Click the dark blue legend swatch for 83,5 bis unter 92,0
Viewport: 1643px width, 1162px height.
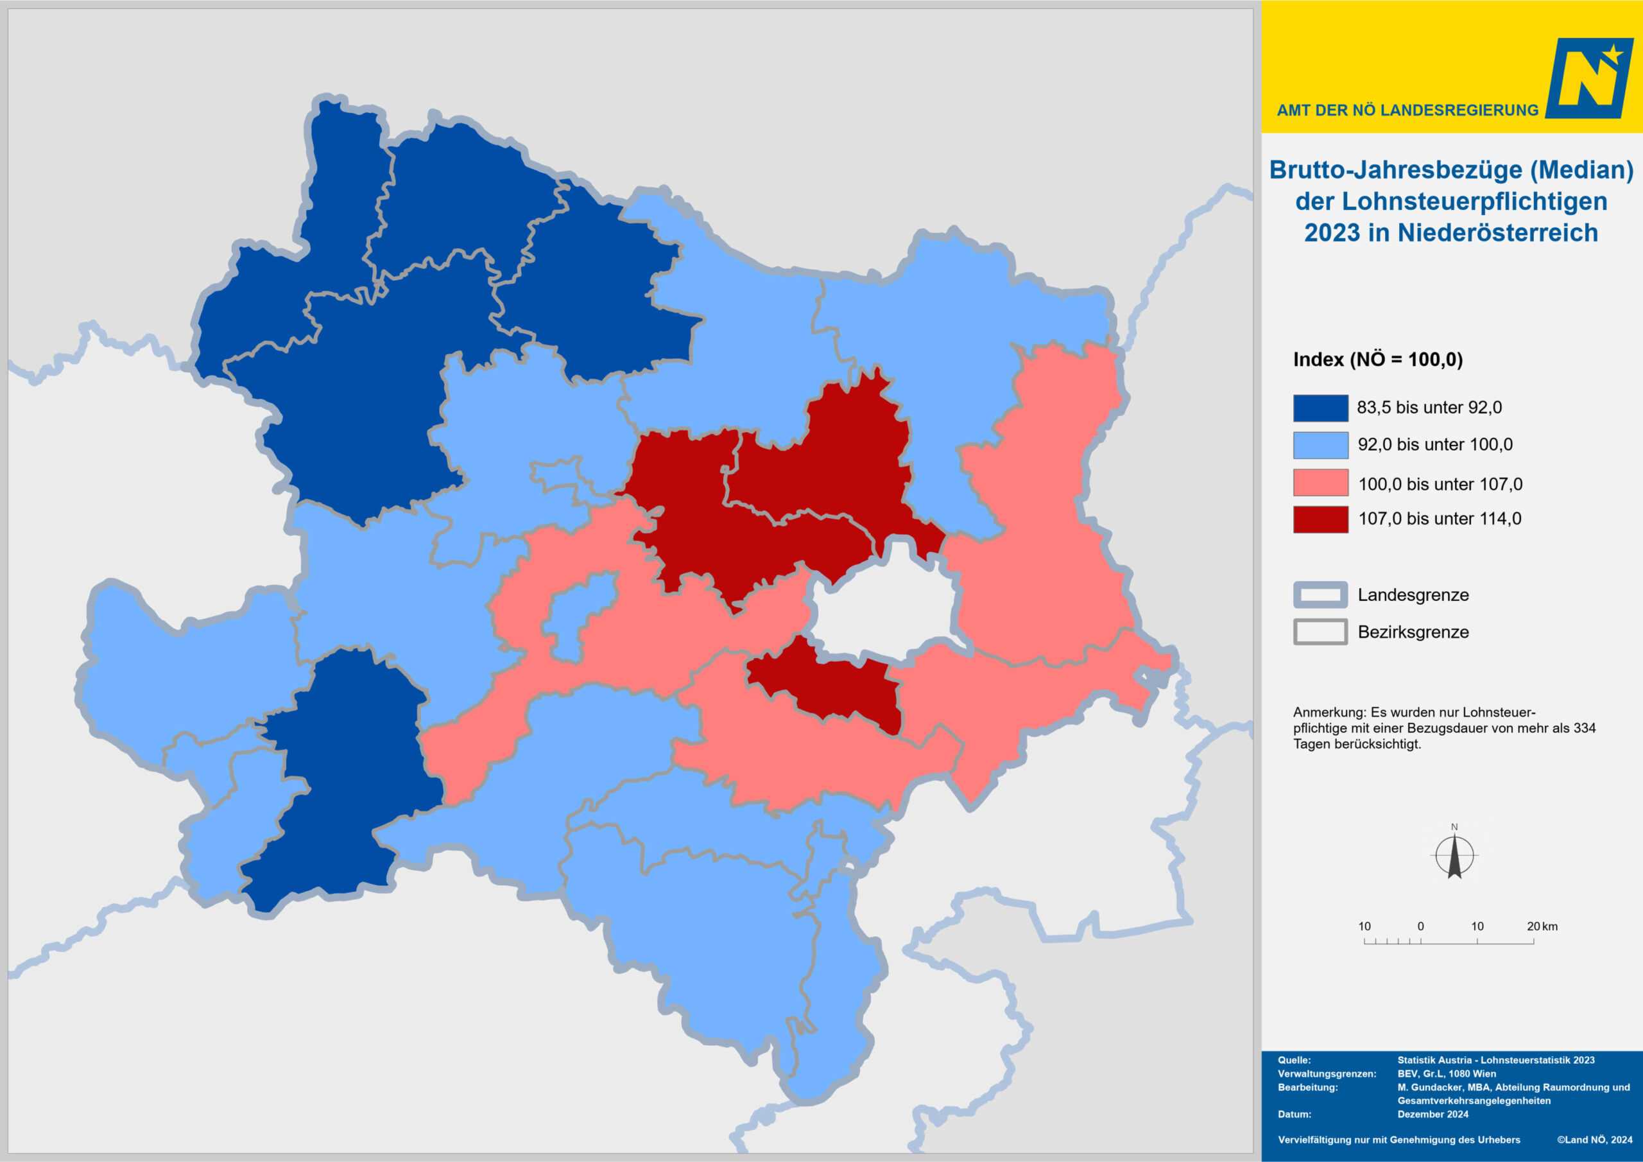[1320, 408]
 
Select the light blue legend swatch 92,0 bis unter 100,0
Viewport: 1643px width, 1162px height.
[1320, 445]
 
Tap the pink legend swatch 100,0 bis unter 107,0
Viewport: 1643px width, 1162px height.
[1320, 483]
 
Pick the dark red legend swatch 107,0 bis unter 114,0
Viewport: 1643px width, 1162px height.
[1320, 519]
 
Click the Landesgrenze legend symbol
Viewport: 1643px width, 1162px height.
[1320, 594]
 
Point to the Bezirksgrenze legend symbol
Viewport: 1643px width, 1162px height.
[1320, 632]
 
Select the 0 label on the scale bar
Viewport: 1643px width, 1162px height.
[1420, 926]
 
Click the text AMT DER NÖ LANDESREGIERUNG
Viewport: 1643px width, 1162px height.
[1407, 110]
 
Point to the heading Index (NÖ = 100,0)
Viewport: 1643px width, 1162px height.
[1377, 360]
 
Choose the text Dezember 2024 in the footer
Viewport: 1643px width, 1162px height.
[1432, 1114]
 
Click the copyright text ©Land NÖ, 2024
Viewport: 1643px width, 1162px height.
[1594, 1139]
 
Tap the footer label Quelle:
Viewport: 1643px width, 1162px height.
[1294, 1060]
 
